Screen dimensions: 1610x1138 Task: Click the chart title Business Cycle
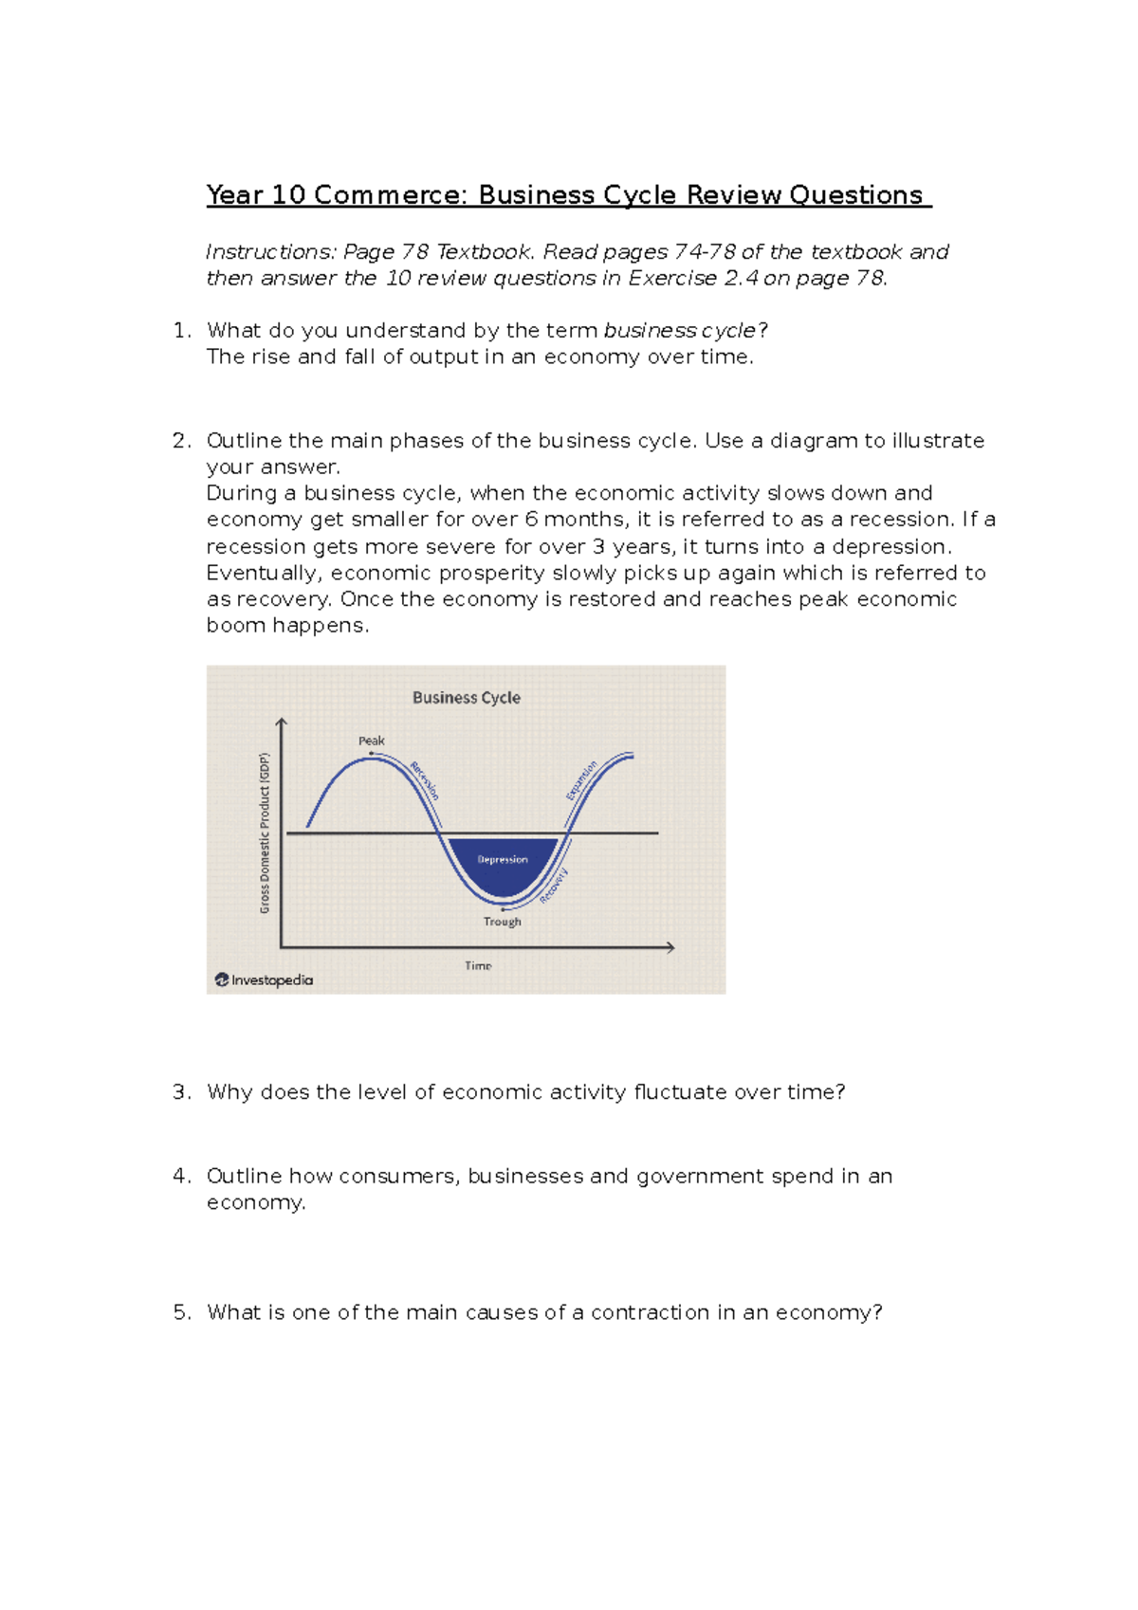[x=466, y=698]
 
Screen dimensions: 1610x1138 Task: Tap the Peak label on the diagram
[x=371, y=741]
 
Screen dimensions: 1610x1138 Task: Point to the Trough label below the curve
[x=502, y=922]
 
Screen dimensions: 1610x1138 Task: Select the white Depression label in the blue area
[x=503, y=860]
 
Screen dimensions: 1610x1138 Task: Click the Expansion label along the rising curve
[x=581, y=780]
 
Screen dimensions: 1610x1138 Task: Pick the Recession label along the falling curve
[x=425, y=780]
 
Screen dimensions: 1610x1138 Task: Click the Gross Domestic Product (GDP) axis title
[x=265, y=833]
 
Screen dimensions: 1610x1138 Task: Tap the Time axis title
[x=478, y=965]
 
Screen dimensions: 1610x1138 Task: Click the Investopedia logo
[x=264, y=980]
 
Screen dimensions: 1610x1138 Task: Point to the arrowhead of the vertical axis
[x=281, y=723]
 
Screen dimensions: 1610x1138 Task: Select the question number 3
[x=181, y=1092]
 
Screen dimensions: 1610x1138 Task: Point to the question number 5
[x=181, y=1312]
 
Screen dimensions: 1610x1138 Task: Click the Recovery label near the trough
[x=555, y=886]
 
